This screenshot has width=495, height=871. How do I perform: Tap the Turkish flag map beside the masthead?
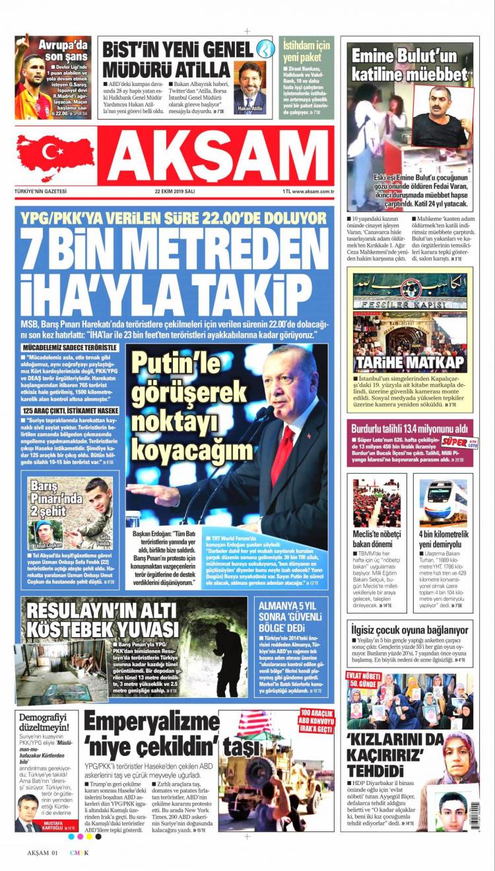click(x=55, y=157)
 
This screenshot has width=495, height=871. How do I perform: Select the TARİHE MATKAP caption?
click(x=409, y=362)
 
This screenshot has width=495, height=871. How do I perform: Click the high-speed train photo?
click(x=443, y=502)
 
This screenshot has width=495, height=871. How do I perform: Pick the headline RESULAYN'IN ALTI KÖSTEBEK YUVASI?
click(x=99, y=619)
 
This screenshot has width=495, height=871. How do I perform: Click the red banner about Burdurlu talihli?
click(x=409, y=428)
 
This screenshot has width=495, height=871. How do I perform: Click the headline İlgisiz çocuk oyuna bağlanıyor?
click(x=409, y=630)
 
